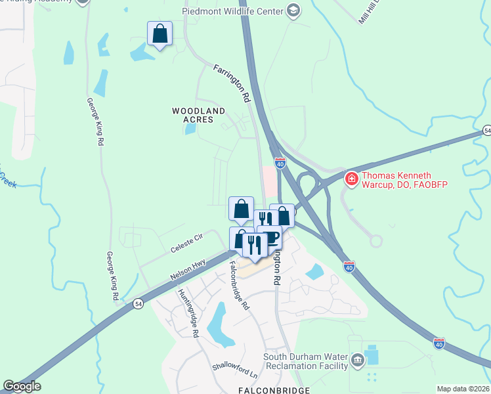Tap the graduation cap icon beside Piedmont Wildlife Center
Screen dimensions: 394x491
pos(293,11)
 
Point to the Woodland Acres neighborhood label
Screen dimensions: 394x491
pos(199,116)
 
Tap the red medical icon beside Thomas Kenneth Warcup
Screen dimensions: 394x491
pos(352,178)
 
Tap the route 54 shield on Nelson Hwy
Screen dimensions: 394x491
pos(138,303)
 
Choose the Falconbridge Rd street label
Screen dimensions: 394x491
pos(240,286)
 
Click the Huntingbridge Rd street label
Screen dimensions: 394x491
pos(188,313)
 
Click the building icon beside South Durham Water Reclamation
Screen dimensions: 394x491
pos(357,359)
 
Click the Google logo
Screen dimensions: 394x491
pos(22,386)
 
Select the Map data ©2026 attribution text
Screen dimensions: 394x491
pos(463,389)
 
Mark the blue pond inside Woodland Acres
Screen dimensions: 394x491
pos(190,128)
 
